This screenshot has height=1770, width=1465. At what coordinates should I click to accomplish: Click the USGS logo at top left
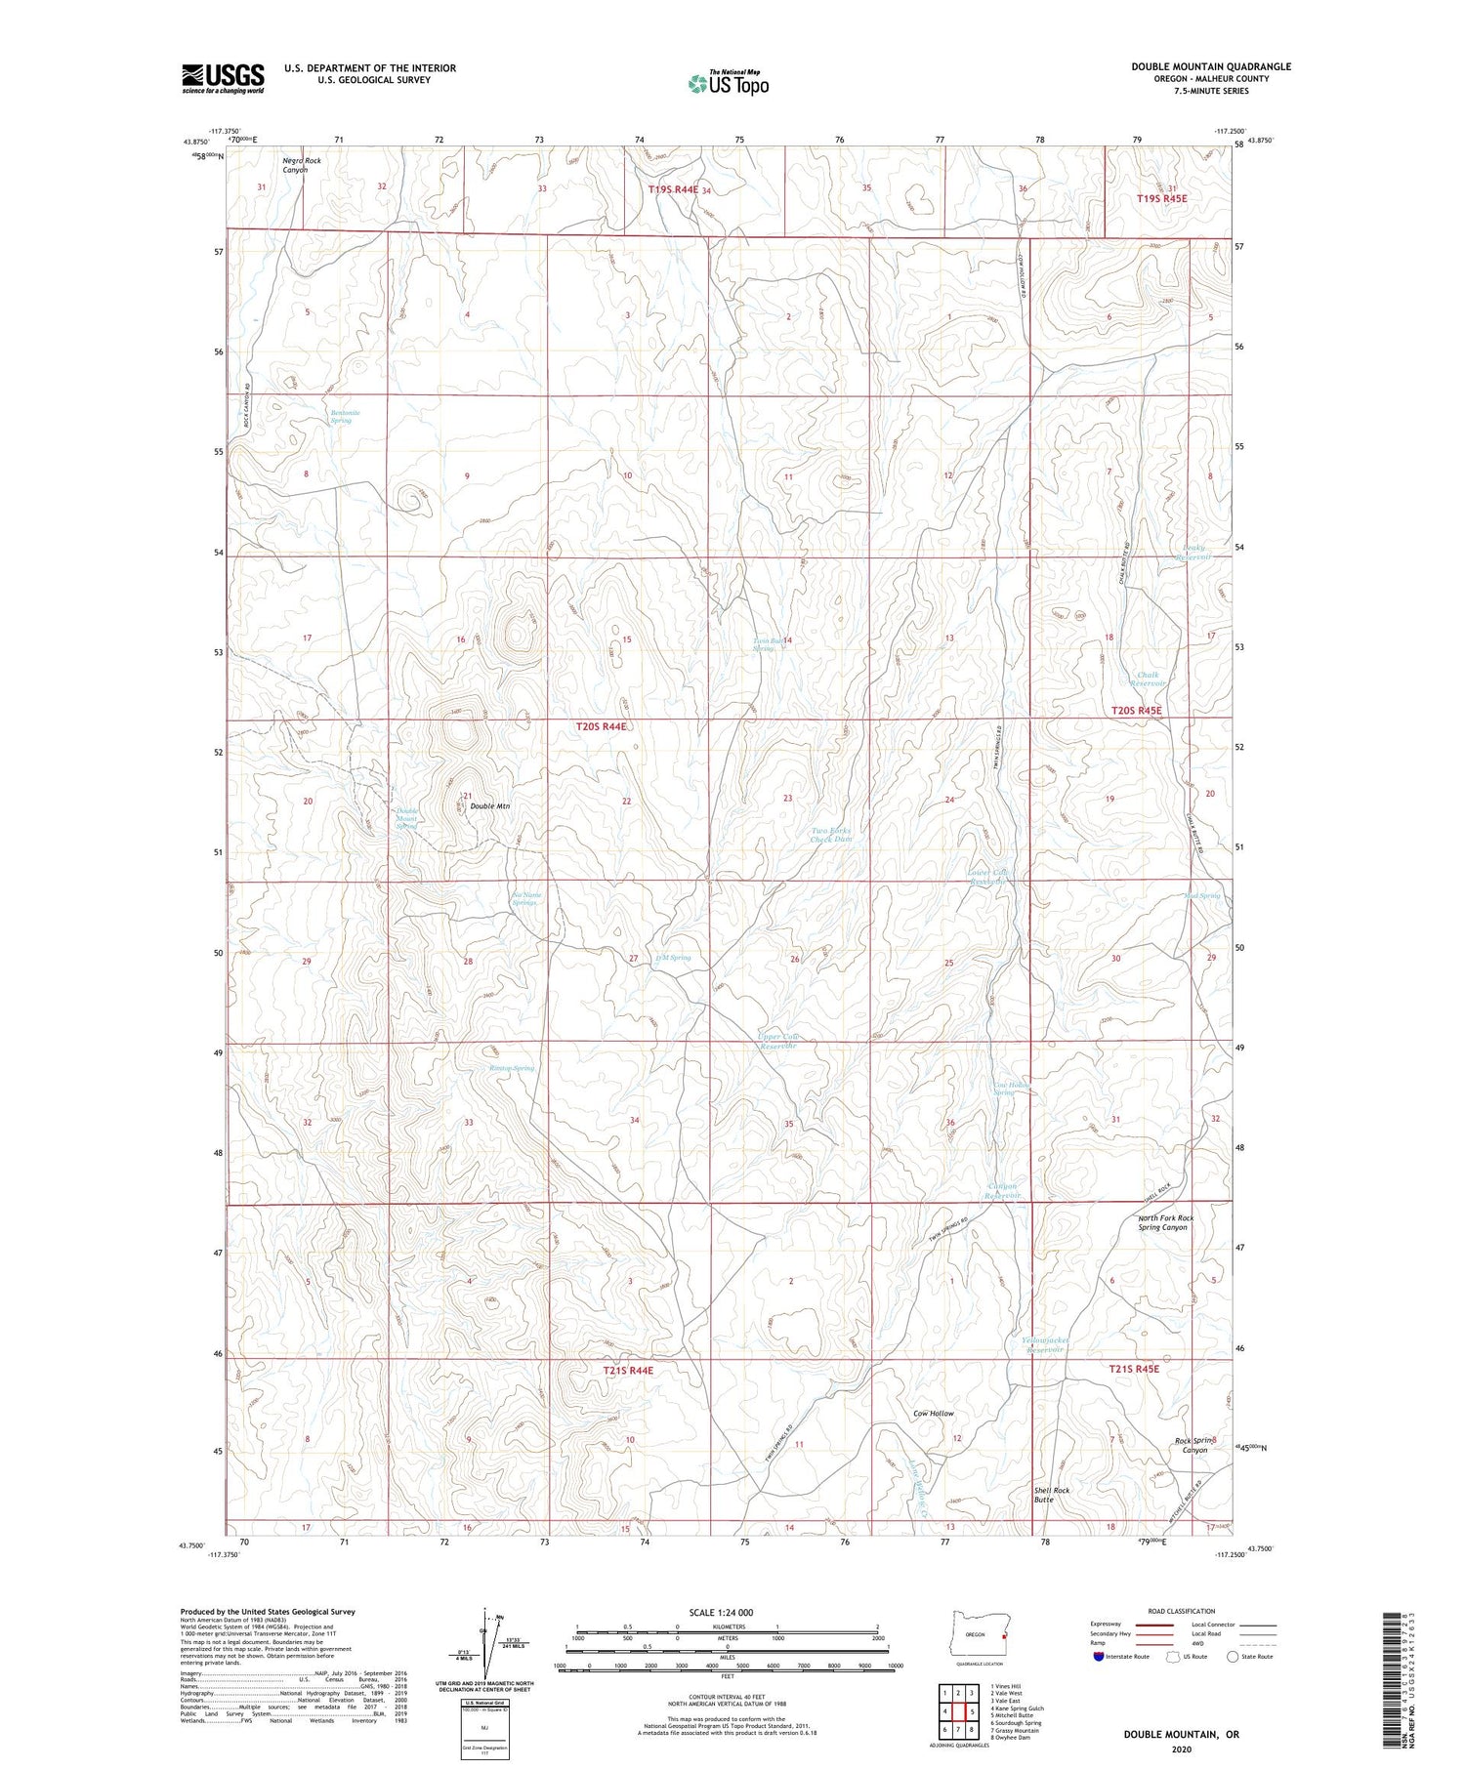[223, 78]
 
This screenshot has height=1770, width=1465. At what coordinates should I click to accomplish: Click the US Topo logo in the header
[728, 83]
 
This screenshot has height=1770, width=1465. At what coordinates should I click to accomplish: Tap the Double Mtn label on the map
[489, 806]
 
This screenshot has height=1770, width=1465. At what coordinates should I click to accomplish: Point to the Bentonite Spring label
[345, 416]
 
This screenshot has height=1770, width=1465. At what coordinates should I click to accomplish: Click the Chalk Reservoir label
[1148, 679]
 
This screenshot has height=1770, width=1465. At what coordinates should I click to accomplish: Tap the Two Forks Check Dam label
[831, 835]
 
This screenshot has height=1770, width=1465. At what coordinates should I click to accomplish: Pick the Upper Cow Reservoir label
[779, 1041]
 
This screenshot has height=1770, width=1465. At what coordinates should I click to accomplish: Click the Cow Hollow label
[934, 1414]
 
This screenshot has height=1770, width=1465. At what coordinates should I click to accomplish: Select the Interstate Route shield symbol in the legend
[1098, 1657]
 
